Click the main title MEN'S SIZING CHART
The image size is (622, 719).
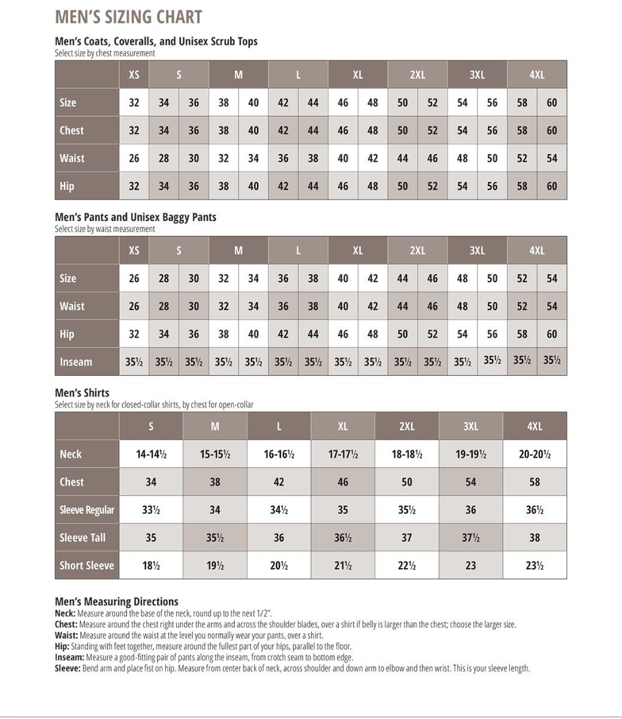(x=128, y=17)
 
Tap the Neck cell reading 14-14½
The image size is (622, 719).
(x=151, y=454)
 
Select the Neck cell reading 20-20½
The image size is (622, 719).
(x=535, y=454)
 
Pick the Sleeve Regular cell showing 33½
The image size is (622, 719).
(x=151, y=510)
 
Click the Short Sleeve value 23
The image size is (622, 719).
(x=470, y=565)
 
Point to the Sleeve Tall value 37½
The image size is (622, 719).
(x=470, y=537)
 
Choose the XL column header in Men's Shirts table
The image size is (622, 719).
(x=343, y=426)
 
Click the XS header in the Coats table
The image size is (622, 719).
(x=134, y=75)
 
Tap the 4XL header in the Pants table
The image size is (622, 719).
(x=536, y=250)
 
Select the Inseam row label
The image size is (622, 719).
(x=76, y=362)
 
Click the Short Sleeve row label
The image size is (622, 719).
(x=87, y=565)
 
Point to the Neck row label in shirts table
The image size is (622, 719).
(x=71, y=454)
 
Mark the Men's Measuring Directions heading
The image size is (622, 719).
(x=116, y=602)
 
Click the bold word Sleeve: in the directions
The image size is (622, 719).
(x=67, y=668)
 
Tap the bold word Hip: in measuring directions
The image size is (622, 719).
(x=62, y=647)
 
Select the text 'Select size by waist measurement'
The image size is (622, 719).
(x=105, y=228)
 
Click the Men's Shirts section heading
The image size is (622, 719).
(x=82, y=393)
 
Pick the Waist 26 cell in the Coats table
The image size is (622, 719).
(x=134, y=158)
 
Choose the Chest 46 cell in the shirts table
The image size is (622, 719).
(x=343, y=482)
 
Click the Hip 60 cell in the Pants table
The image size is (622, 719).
(x=552, y=334)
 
